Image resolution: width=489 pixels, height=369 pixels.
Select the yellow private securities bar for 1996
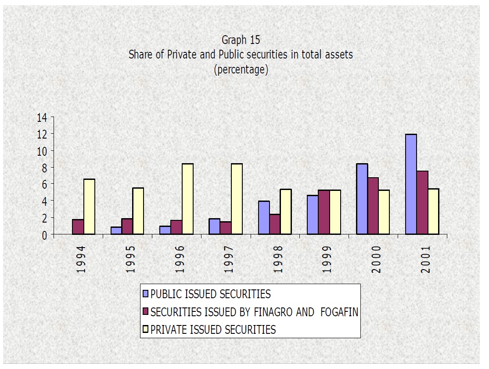click(187, 199)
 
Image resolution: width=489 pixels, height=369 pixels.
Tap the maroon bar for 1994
click(78, 227)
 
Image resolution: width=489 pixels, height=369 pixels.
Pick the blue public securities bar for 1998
click(264, 217)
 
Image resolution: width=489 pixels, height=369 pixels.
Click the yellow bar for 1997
click(237, 199)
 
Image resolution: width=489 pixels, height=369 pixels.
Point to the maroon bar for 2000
click(373, 206)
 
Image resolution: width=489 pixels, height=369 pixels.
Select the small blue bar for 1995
click(116, 230)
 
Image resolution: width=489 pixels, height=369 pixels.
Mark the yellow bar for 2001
click(433, 211)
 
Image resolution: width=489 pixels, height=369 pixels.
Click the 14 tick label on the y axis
click(42, 117)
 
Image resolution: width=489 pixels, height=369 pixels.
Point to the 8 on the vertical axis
click(44, 168)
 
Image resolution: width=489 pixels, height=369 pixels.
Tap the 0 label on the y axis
click(44, 235)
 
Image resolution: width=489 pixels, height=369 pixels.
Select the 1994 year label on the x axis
click(81, 259)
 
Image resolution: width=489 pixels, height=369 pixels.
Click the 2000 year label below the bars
click(376, 259)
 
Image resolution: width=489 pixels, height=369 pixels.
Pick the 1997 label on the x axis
click(228, 259)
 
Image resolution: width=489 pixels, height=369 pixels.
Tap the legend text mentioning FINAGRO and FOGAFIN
click(254, 312)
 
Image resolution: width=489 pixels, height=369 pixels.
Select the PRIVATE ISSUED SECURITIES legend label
click(213, 329)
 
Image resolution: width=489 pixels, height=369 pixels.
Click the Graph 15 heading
click(241, 40)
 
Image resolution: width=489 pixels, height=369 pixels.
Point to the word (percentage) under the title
click(241, 69)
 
